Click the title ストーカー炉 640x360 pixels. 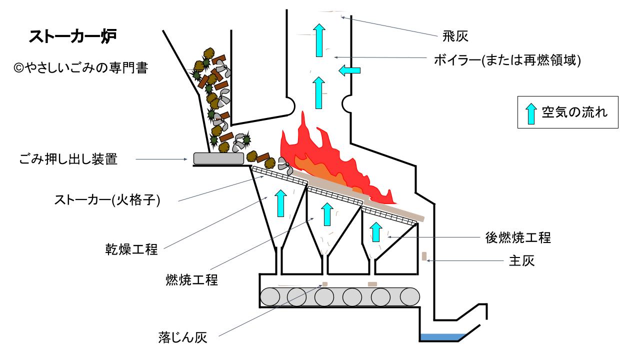pos(73,37)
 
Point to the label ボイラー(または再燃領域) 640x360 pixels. pos(506,60)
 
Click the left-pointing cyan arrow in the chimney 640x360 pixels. pos(349,71)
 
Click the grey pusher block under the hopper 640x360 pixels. pos(218,158)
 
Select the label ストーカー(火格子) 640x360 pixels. pos(107,200)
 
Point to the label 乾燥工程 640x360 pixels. pos(131,249)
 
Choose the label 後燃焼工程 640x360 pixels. pos(518,237)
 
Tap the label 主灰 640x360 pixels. pos(521,261)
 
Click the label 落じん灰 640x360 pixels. pos(182,337)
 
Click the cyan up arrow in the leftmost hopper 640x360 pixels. pos(281,202)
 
